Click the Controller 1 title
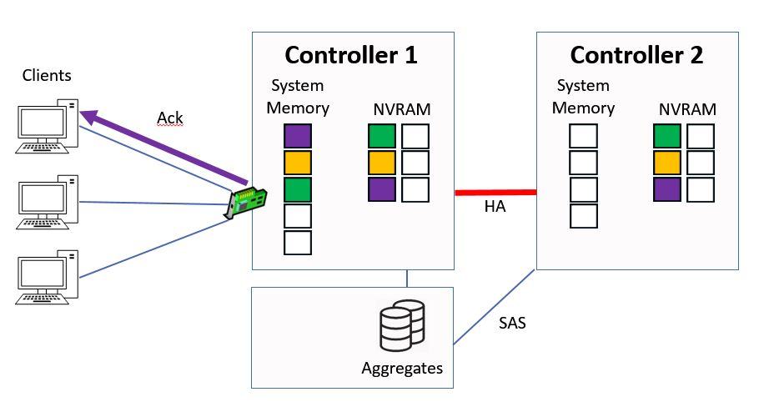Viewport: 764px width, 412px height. (x=351, y=56)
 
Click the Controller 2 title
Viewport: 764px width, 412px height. (x=636, y=56)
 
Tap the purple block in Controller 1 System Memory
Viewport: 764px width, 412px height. (x=298, y=136)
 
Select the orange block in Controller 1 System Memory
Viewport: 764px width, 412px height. (x=298, y=163)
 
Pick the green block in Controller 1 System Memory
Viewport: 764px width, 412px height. (x=298, y=189)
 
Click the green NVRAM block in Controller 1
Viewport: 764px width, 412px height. (x=381, y=136)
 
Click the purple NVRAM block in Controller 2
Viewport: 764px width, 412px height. (x=666, y=189)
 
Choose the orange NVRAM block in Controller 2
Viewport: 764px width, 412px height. (x=666, y=163)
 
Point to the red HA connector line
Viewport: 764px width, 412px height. (x=495, y=193)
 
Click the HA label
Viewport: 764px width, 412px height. (x=495, y=207)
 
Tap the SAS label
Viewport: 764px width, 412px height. (x=512, y=322)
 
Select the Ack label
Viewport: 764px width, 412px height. (x=170, y=118)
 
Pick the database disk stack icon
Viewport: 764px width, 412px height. (x=402, y=327)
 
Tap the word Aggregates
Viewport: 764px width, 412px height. (x=402, y=368)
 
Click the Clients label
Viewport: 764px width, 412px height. (x=47, y=76)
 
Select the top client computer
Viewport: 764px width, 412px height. (x=48, y=128)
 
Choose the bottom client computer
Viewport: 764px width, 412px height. (x=48, y=279)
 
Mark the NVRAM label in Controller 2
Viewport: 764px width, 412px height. (x=687, y=109)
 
